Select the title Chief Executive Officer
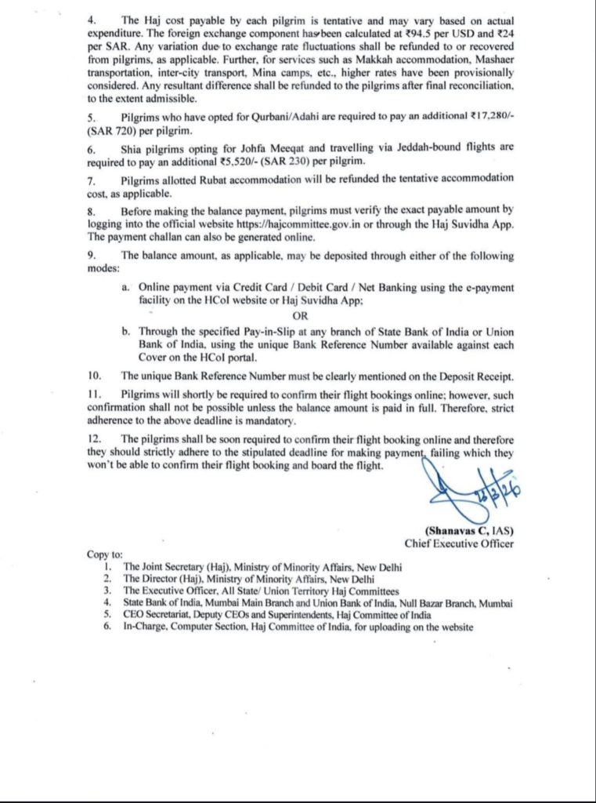[459, 543]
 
